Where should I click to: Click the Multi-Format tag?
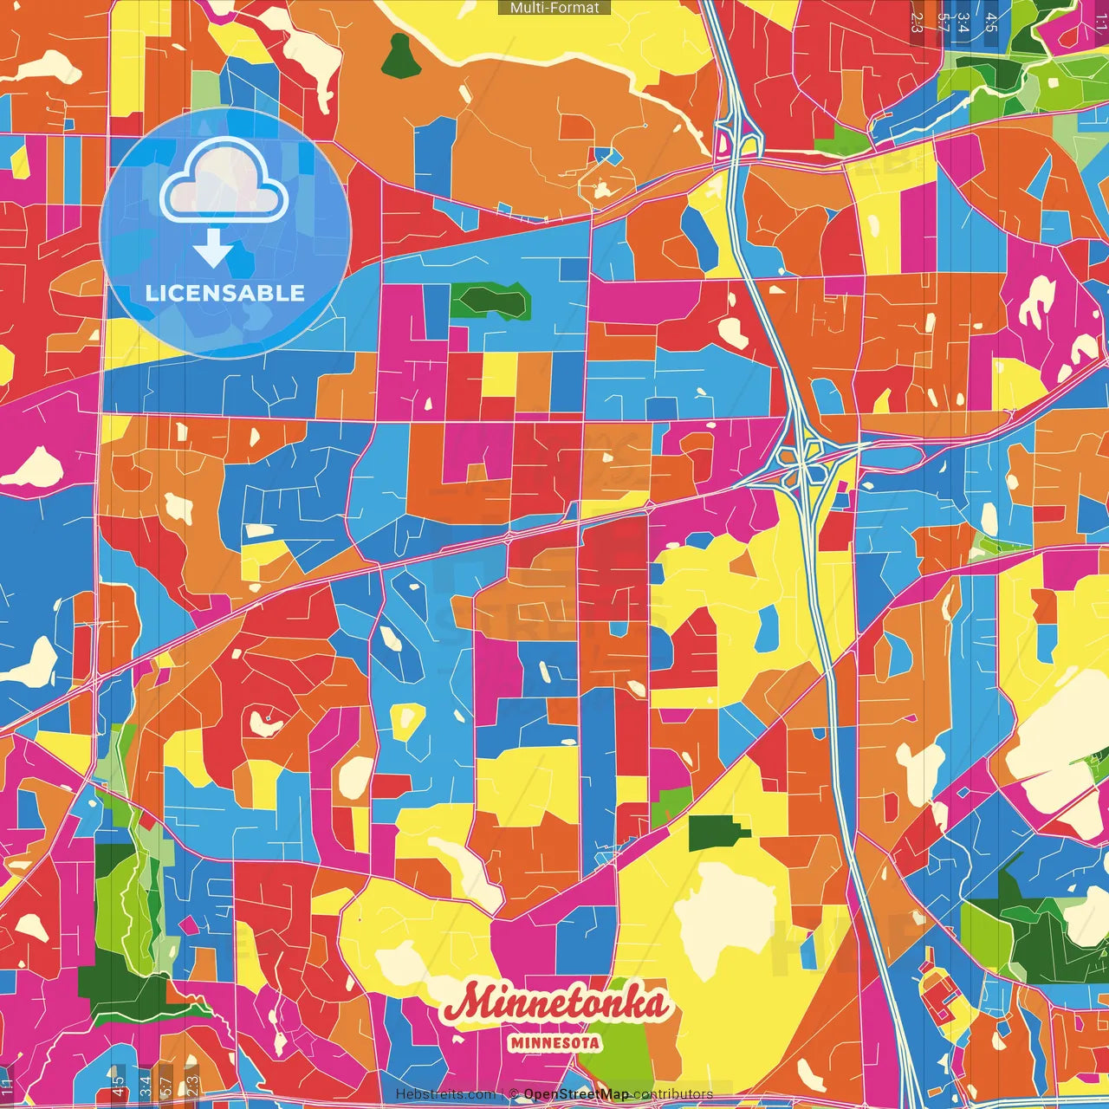click(554, 8)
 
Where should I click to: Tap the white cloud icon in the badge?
click(224, 181)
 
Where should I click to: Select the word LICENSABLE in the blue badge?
click(225, 293)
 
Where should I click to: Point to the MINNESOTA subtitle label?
click(554, 1043)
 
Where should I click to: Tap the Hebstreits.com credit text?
click(445, 1094)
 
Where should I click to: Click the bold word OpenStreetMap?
click(575, 1094)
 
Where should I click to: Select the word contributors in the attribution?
click(672, 1094)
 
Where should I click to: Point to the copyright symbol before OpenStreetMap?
click(513, 1094)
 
